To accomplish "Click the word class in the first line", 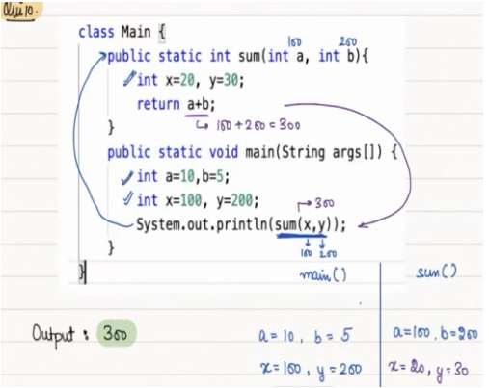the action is coord(96,32).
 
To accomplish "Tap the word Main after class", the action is coord(136,32).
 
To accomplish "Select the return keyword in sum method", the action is coord(158,104).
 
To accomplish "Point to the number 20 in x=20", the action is coord(187,80).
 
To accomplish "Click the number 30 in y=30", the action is coord(231,80).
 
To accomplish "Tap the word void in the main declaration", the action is coord(224,152).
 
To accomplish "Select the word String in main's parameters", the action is coord(303,152).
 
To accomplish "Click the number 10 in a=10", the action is coord(187,176).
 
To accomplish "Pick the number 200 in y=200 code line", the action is coord(242,200).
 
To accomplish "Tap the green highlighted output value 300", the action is coord(117,333).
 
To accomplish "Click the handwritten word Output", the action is coord(53,335).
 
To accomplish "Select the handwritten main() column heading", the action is coord(323,275).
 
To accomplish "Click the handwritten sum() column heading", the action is coord(436,272).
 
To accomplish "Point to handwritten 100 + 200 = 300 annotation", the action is coord(258,125).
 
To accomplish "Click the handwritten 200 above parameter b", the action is coord(347,41).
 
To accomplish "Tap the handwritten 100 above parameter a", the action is coord(294,41).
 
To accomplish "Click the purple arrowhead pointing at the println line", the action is coord(362,225).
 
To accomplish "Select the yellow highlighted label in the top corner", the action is coord(21,11).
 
